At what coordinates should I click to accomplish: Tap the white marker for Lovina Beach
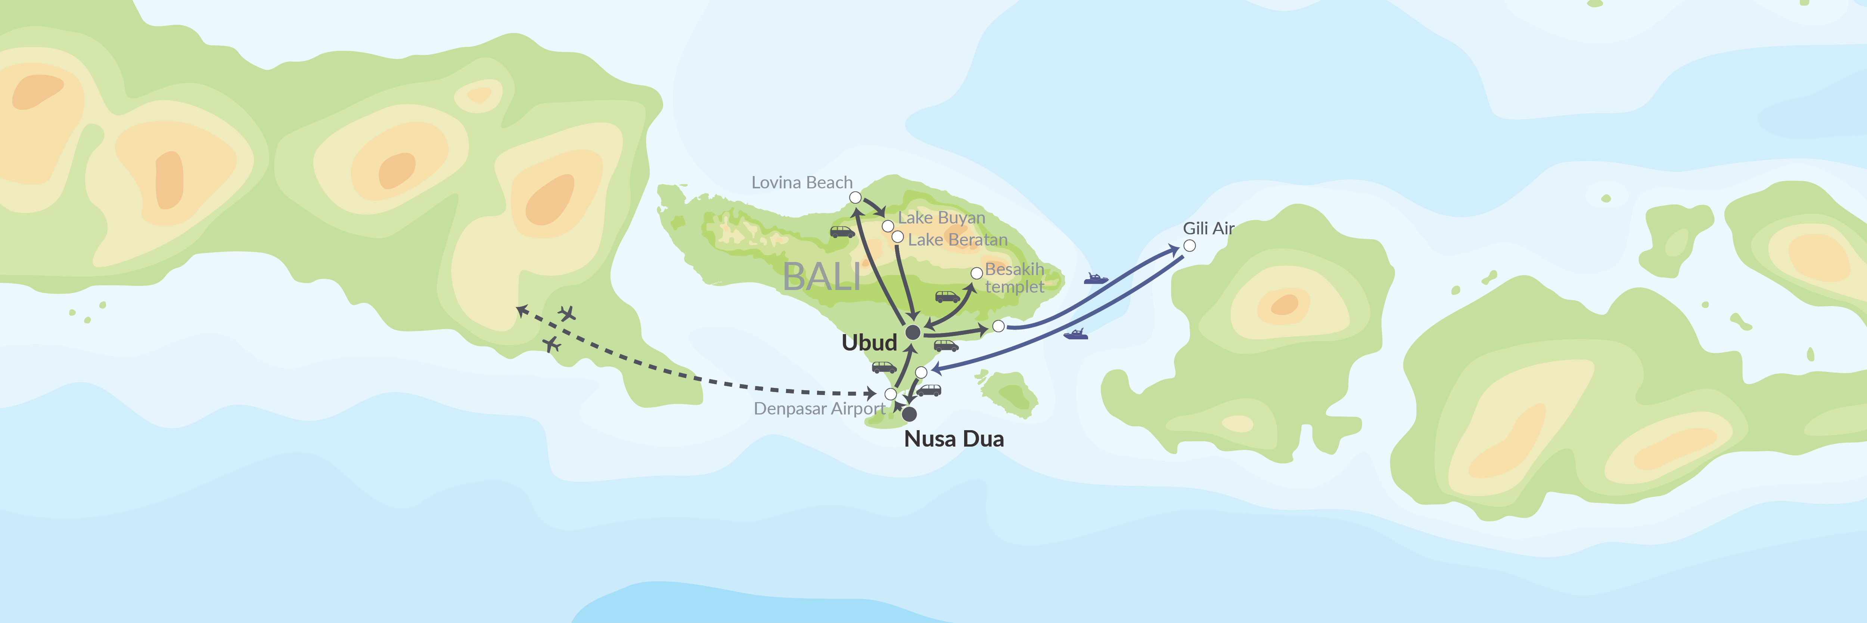855,197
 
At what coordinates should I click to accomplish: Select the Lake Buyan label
941,218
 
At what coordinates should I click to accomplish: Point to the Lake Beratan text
957,240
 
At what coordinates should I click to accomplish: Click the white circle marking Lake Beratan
897,237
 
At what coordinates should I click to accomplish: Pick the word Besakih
1014,269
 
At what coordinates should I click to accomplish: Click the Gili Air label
1208,228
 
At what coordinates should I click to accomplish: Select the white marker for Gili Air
1189,246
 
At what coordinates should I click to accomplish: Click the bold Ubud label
869,342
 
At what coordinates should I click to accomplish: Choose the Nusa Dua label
954,439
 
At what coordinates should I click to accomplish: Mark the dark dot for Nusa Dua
909,414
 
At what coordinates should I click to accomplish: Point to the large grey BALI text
822,276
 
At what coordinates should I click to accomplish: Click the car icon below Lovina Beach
842,232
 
